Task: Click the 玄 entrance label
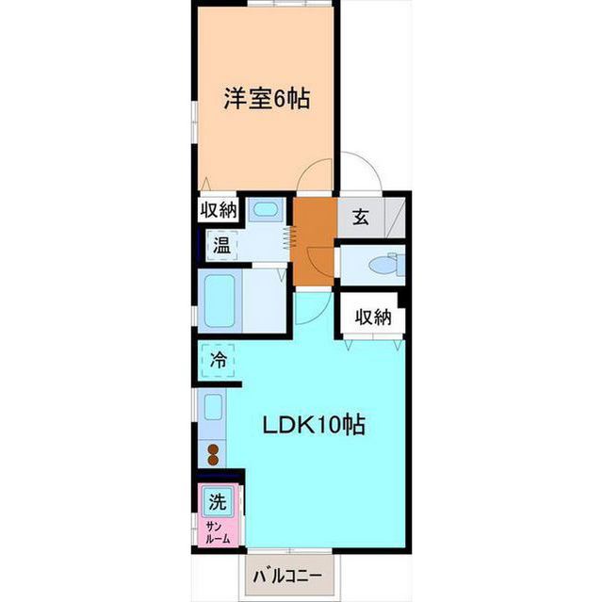[360, 218]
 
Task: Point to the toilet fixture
[383, 266]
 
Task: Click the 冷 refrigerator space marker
[219, 359]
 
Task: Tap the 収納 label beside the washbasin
[219, 210]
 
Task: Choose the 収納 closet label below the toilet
[373, 317]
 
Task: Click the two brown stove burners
[214, 455]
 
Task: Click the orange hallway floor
[311, 240]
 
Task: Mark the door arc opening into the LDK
[312, 308]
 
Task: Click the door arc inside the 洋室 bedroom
[317, 173]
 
